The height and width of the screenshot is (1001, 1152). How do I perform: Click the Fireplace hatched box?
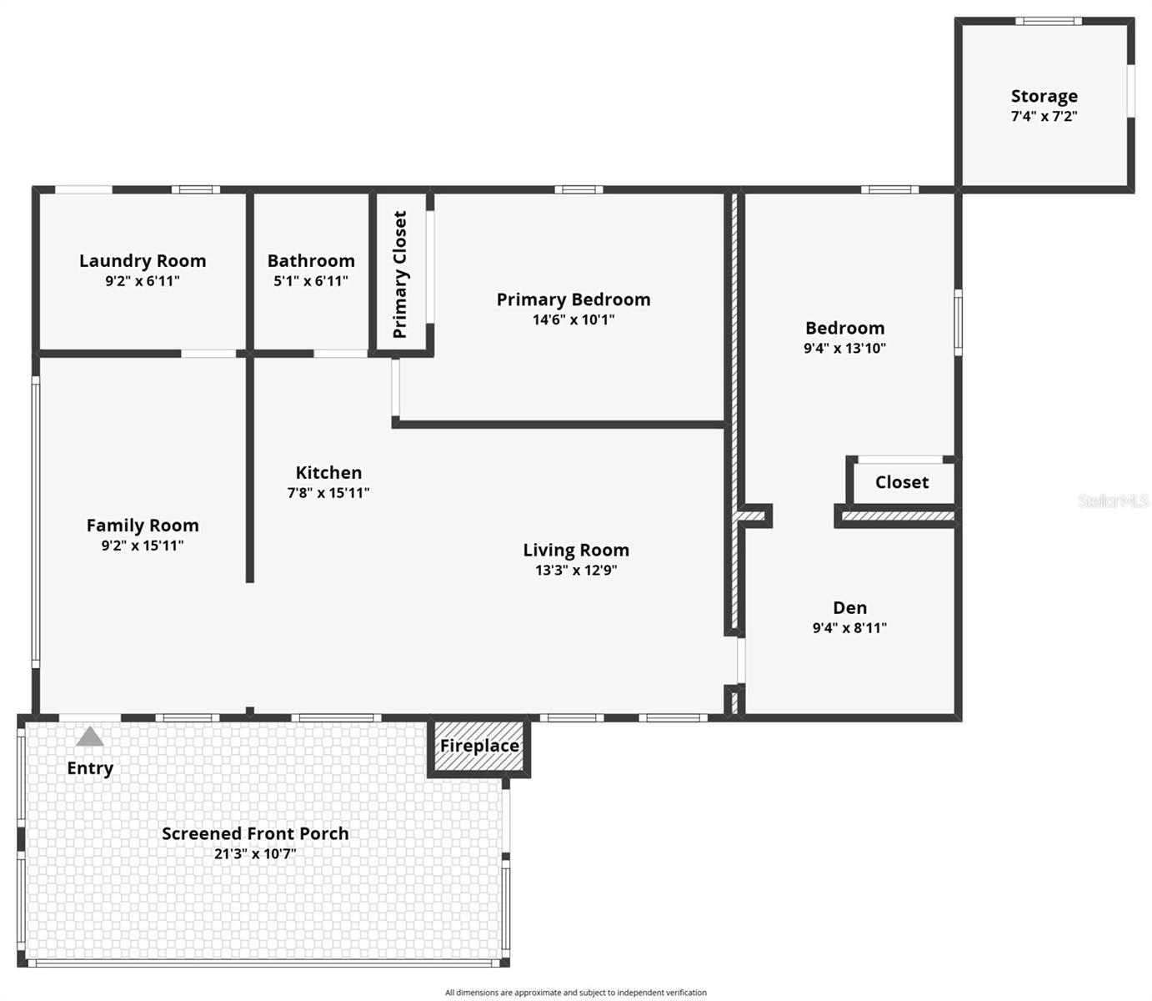click(479, 746)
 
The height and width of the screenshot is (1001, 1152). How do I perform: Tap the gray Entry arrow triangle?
click(90, 737)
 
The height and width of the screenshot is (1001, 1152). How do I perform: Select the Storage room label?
click(1044, 96)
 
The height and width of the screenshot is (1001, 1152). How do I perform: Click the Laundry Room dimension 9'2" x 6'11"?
click(143, 281)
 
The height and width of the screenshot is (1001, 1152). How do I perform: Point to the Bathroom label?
click(311, 260)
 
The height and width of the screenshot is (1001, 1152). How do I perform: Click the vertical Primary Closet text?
click(400, 274)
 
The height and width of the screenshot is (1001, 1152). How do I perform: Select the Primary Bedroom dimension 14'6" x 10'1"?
click(573, 319)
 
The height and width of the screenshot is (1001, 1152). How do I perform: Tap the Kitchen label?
click(328, 472)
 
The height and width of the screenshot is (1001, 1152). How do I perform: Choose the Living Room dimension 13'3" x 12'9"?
click(576, 571)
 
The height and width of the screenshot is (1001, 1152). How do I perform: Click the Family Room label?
click(143, 525)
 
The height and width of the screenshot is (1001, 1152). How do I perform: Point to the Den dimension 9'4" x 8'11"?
click(849, 628)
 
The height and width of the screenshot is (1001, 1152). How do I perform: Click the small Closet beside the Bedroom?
click(902, 482)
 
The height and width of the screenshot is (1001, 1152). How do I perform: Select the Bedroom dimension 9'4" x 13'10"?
click(844, 349)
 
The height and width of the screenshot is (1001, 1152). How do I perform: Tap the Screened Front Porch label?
click(255, 832)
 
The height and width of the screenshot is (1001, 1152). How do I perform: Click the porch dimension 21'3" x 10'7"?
click(255, 853)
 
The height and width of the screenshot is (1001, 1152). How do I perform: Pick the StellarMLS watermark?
click(1113, 500)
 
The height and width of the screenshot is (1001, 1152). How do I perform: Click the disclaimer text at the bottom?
click(575, 993)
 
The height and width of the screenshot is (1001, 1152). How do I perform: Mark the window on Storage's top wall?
click(1048, 22)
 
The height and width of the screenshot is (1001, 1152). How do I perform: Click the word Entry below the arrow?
click(90, 768)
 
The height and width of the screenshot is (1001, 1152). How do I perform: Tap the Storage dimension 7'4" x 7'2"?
click(1044, 117)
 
